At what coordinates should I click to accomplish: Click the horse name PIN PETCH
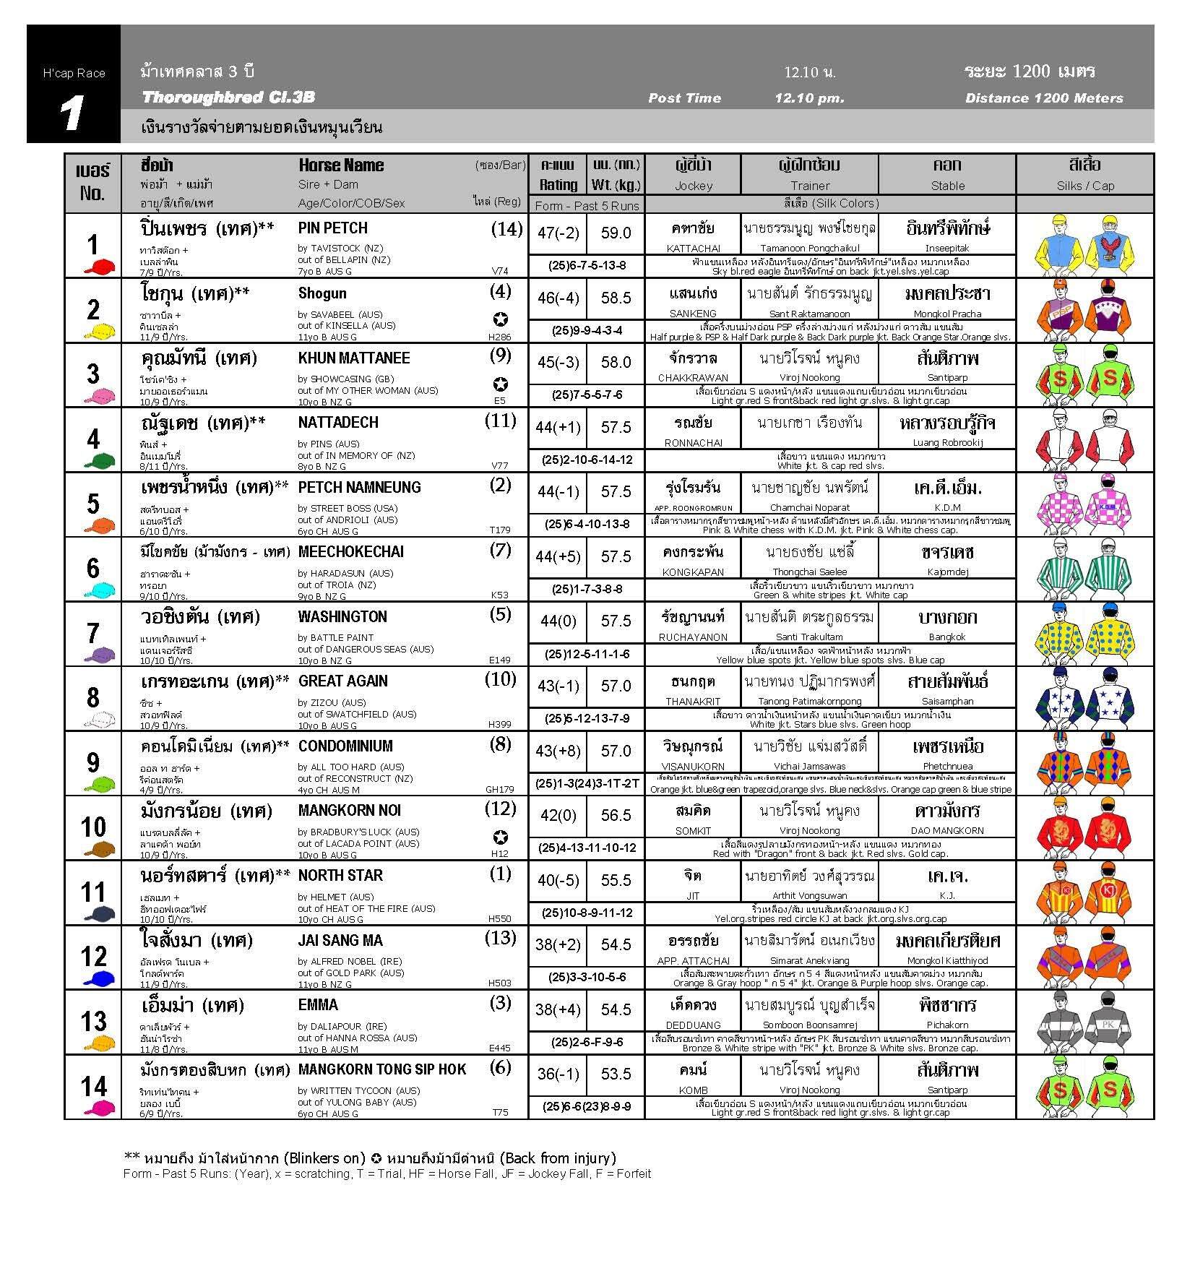tap(332, 228)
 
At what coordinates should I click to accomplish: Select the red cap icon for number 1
tap(99, 267)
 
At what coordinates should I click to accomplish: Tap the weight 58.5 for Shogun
tap(616, 298)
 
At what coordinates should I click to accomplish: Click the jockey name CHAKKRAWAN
tap(693, 378)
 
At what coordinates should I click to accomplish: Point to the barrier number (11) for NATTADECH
tap(500, 421)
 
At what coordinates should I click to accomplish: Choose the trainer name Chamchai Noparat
tap(809, 507)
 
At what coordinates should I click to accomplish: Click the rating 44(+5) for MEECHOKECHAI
tap(558, 556)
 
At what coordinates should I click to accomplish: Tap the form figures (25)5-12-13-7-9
tap(587, 718)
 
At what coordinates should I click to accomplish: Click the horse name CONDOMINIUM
tap(345, 746)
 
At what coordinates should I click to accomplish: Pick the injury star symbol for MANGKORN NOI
tap(500, 837)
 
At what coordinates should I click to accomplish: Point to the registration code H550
tap(499, 919)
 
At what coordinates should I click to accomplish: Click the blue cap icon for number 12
tap(99, 979)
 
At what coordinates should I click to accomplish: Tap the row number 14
tap(93, 1085)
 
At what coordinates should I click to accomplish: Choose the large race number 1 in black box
tap(72, 113)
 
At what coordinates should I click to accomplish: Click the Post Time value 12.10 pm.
tap(809, 98)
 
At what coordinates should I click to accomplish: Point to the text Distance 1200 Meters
tap(1043, 98)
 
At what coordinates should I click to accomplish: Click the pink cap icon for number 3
tap(99, 396)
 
